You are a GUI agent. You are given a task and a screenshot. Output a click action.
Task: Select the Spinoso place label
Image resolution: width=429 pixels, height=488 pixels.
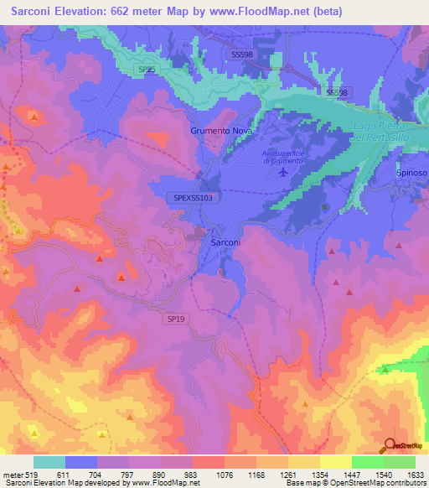(411, 173)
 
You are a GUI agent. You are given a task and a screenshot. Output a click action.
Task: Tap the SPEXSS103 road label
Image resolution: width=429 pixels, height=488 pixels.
(194, 197)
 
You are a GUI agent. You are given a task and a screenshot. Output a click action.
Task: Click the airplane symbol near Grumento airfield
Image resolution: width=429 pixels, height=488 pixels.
(282, 172)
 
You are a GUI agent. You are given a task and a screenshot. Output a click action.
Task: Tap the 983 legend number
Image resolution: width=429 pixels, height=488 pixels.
(193, 474)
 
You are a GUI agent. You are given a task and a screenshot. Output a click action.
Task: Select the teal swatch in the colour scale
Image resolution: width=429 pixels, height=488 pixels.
(49, 461)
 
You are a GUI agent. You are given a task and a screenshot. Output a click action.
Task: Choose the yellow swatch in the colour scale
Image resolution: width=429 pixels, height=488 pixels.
(335, 461)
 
